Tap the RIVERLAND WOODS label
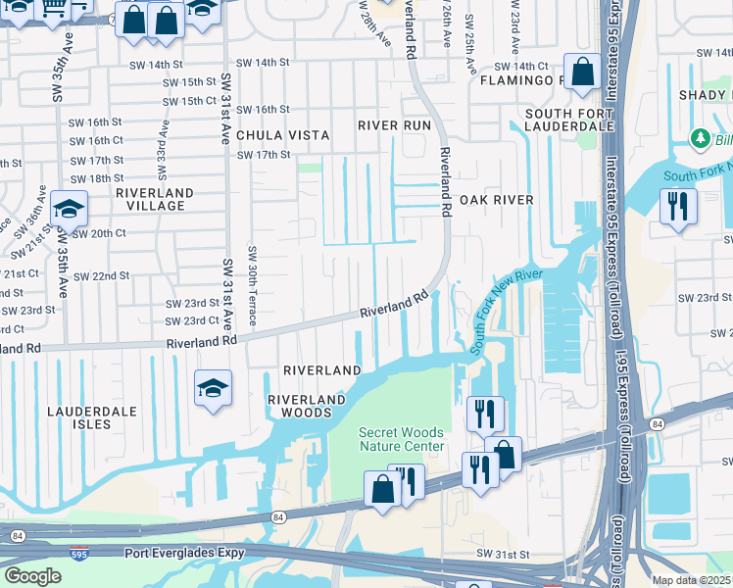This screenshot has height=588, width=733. (307, 407)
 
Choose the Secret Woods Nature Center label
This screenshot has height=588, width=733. (401, 439)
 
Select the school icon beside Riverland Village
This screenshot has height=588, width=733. (70, 209)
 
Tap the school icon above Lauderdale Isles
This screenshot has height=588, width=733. (213, 388)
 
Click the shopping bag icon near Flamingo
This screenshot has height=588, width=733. (582, 73)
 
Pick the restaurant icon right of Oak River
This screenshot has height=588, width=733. (677, 207)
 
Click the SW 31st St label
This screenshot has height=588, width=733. (502, 554)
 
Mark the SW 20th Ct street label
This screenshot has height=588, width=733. (98, 233)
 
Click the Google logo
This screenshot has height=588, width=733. (32, 576)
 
